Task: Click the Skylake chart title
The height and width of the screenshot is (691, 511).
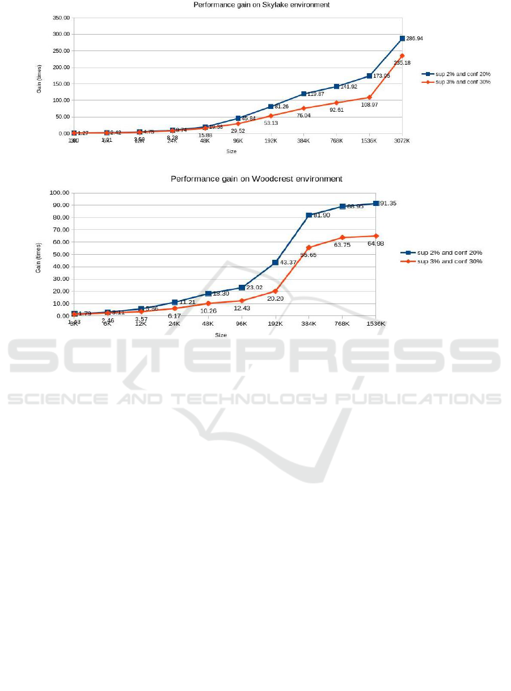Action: click(x=261, y=5)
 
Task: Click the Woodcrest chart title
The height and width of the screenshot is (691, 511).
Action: click(x=256, y=179)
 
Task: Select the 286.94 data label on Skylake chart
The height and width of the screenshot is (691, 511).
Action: click(x=415, y=39)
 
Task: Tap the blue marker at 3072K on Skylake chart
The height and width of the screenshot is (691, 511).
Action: click(x=402, y=38)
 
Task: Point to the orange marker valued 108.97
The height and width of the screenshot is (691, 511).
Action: click(x=369, y=98)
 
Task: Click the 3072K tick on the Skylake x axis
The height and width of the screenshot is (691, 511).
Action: click(x=402, y=141)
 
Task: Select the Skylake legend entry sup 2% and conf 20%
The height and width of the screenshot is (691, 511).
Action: click(x=459, y=74)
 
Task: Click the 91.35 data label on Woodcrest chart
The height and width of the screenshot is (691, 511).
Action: click(x=388, y=203)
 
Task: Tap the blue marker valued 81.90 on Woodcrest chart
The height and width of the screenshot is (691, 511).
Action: click(x=309, y=216)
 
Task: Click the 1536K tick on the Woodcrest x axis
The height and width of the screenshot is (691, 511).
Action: click(x=375, y=323)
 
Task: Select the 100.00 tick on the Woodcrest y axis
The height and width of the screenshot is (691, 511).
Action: click(x=58, y=193)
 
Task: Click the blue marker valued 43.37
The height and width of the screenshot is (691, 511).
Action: click(x=276, y=263)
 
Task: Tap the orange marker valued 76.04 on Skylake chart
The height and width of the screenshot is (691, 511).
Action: click(x=304, y=108)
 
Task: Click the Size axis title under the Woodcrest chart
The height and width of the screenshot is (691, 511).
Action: click(x=221, y=335)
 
